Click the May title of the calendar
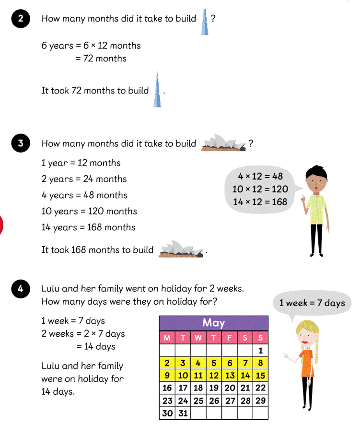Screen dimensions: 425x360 pyautogui.click(x=213, y=323)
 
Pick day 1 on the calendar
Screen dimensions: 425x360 pyautogui.click(x=260, y=350)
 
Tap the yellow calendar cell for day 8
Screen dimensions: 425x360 pyautogui.click(x=260, y=363)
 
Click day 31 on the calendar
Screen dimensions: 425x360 pyautogui.click(x=183, y=413)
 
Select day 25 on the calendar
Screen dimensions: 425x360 pyautogui.click(x=198, y=401)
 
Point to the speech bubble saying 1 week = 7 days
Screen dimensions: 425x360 pyautogui.click(x=312, y=303)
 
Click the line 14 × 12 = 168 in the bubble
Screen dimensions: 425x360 pyautogui.click(x=260, y=202)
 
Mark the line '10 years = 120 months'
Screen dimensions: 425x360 pyautogui.click(x=89, y=211)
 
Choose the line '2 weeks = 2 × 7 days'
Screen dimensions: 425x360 pyautogui.click(x=83, y=333)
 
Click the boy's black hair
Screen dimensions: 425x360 pyautogui.click(x=315, y=172)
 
